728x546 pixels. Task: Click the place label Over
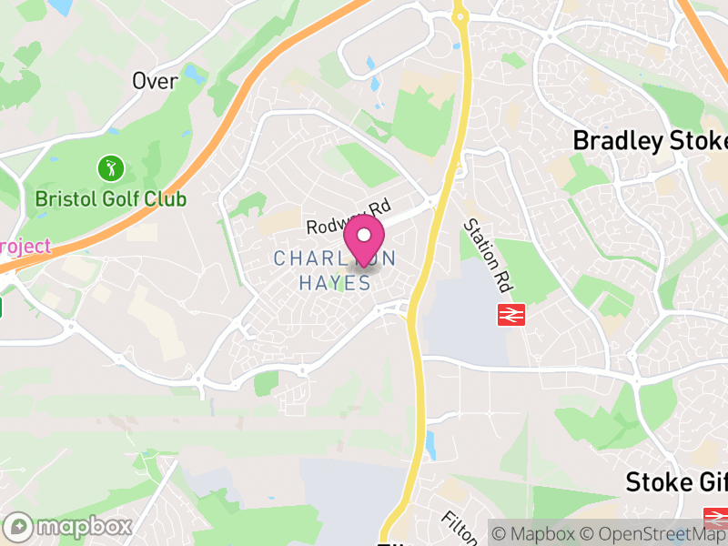pyautogui.click(x=155, y=80)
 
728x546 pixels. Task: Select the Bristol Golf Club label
pyautogui.click(x=110, y=198)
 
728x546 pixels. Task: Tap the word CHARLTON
pyautogui.click(x=335, y=259)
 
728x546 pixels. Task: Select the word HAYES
pyautogui.click(x=335, y=284)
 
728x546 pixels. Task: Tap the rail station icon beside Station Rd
pyautogui.click(x=510, y=315)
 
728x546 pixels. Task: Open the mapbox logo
pyautogui.click(x=69, y=526)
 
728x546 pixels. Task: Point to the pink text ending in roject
pyautogui.click(x=25, y=247)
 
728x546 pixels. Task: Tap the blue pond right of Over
pyautogui.click(x=193, y=73)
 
